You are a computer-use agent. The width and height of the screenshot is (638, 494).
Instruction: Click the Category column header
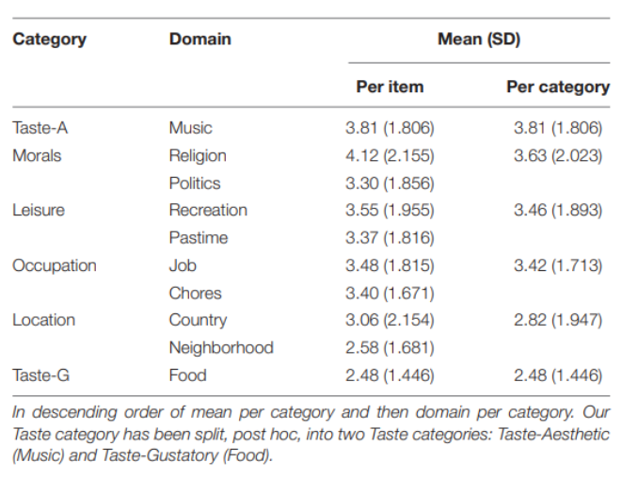(x=49, y=40)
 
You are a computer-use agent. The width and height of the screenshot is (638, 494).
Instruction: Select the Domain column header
(x=200, y=40)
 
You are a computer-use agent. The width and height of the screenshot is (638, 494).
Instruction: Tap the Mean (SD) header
(x=479, y=40)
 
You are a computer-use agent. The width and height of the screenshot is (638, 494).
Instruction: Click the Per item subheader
(x=390, y=87)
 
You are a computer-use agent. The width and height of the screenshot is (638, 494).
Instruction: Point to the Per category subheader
(x=558, y=88)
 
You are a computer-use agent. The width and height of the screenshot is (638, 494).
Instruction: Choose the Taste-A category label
(x=40, y=128)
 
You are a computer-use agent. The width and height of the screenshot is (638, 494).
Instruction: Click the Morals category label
(x=37, y=155)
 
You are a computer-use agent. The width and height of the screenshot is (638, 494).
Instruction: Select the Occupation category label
(x=55, y=265)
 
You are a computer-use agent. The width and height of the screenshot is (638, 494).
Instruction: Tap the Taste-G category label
(x=40, y=375)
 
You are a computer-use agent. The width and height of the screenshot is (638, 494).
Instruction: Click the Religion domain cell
(x=198, y=156)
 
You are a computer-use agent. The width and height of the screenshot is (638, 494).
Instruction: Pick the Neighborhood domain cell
(x=221, y=348)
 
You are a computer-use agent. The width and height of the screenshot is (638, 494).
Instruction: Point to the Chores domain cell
(x=196, y=293)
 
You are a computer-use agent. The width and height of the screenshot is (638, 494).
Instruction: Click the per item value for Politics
(x=390, y=183)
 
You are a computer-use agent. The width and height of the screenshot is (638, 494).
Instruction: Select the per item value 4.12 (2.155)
(x=390, y=156)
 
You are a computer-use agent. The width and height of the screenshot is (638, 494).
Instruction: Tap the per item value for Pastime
(x=390, y=238)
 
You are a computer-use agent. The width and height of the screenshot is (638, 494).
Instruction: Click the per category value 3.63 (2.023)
(x=558, y=156)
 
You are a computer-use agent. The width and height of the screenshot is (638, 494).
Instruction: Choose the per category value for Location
(x=558, y=320)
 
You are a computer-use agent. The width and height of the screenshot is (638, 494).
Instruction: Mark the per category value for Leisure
(x=558, y=211)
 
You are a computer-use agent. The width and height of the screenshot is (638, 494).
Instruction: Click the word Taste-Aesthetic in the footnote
(x=553, y=434)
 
